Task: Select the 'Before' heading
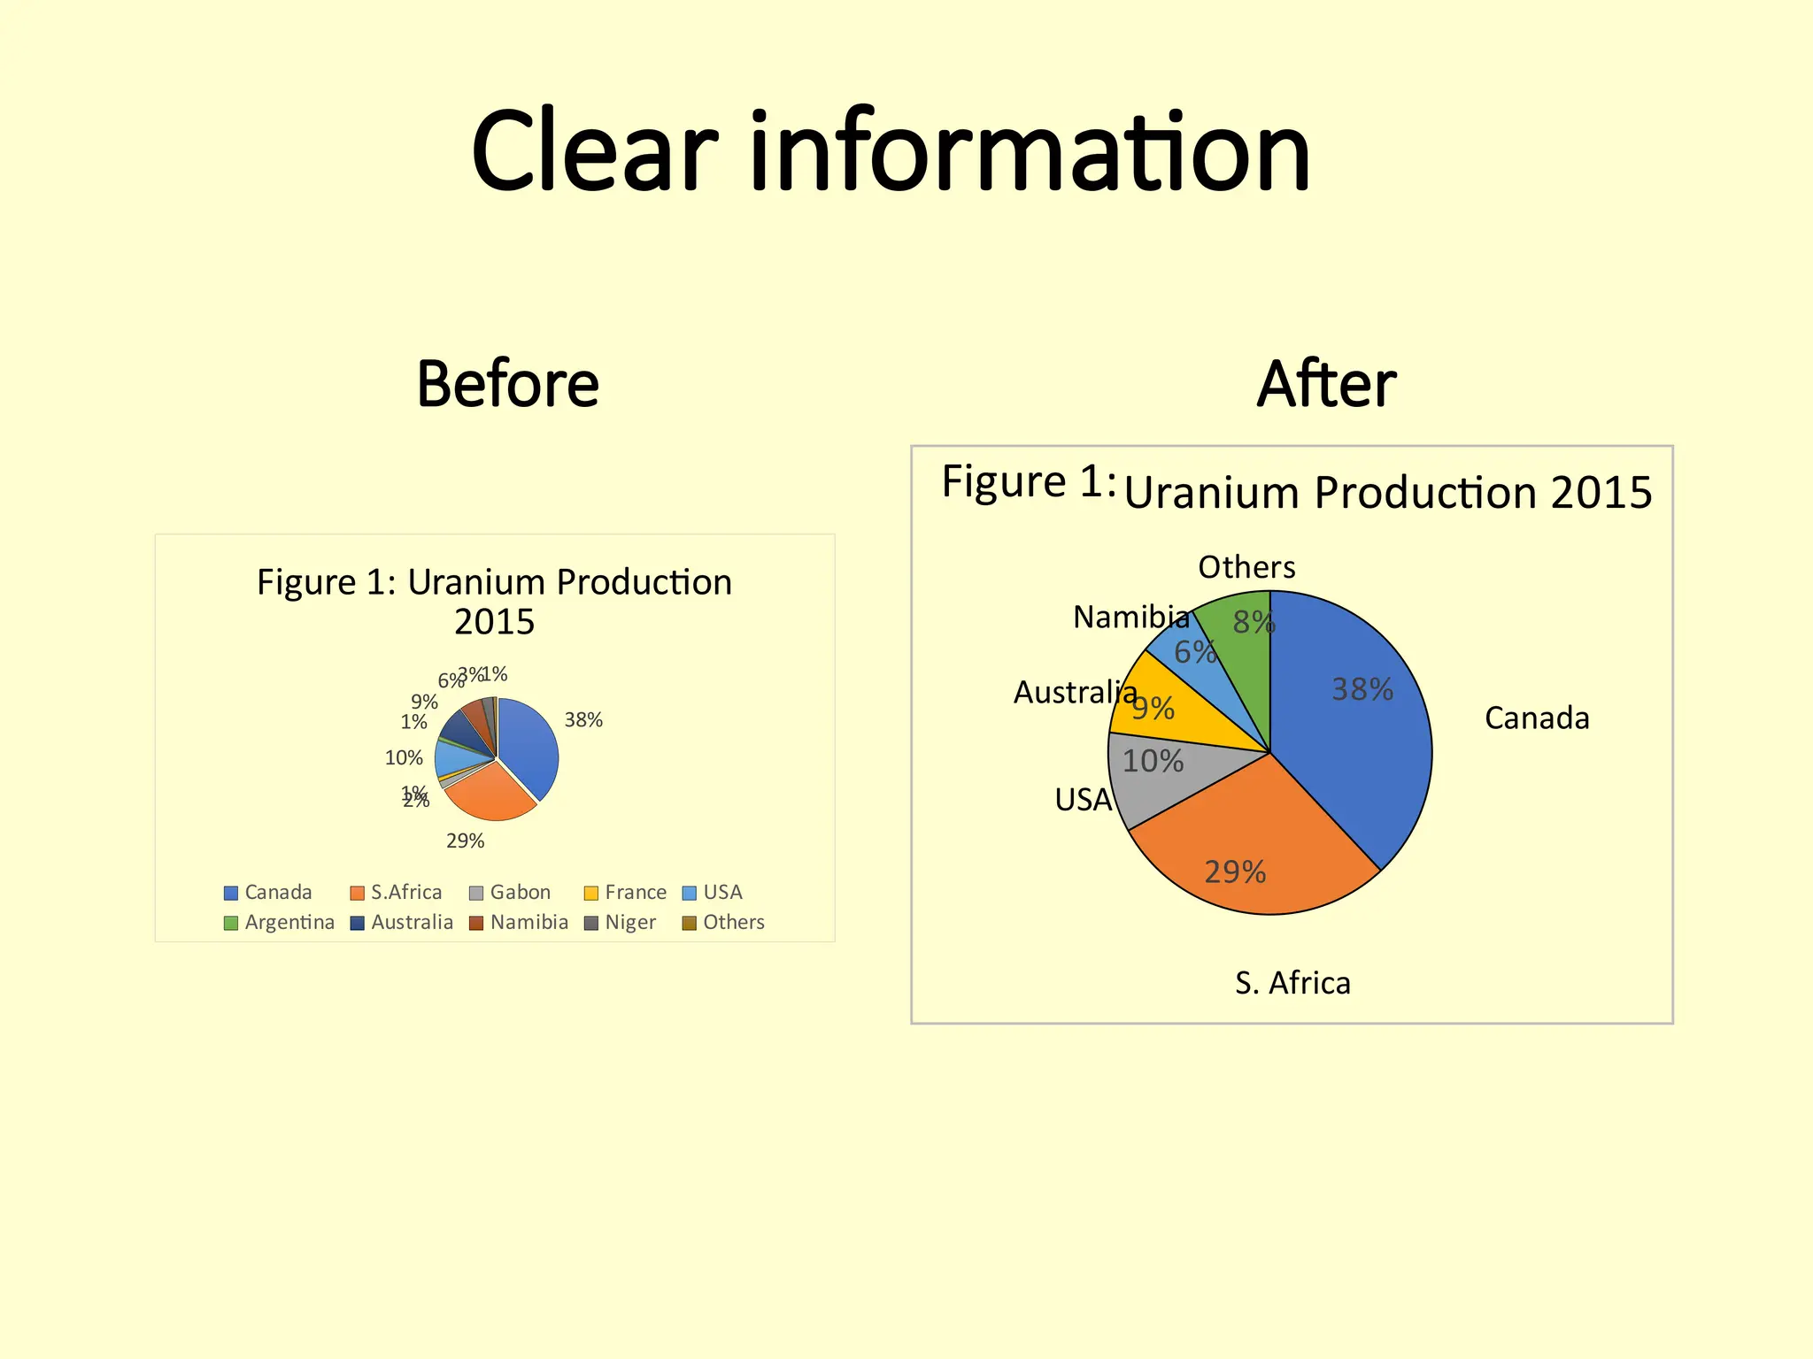click(507, 384)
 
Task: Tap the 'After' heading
click(1325, 384)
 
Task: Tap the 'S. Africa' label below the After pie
click(1292, 983)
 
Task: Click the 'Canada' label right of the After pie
click(1537, 718)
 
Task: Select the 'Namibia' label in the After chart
click(1130, 617)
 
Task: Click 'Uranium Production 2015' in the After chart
click(1387, 492)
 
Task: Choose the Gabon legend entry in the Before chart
click(511, 892)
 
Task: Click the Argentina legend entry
click(280, 922)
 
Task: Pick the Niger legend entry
click(621, 922)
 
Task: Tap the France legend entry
click(626, 892)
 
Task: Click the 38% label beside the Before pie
click(583, 720)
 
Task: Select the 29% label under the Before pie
click(465, 841)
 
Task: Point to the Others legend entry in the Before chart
click(723, 922)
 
